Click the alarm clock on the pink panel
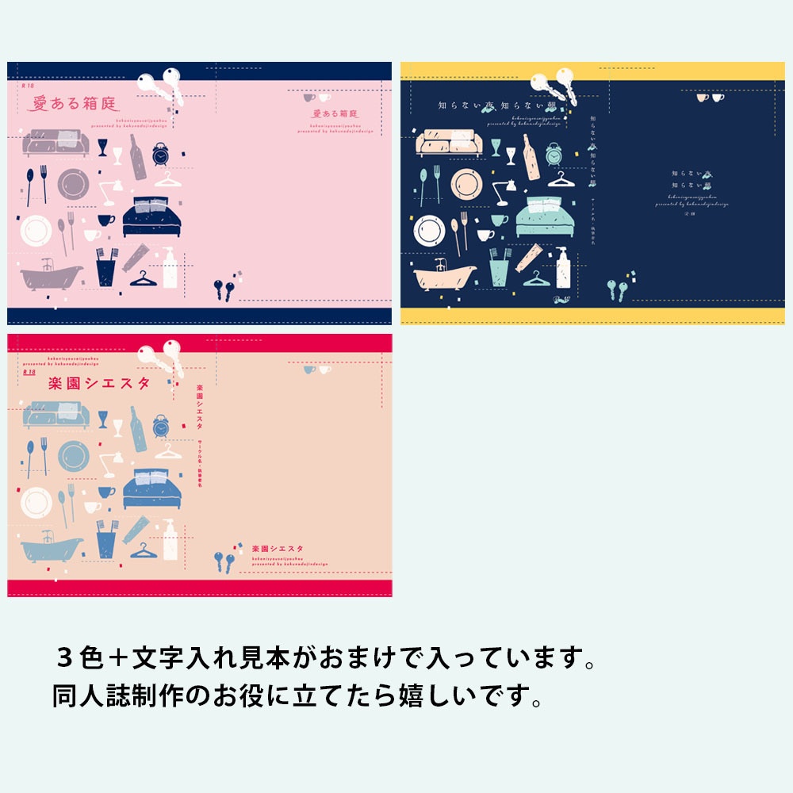(x=160, y=155)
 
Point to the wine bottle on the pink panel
(x=138, y=158)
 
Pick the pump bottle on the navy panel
(x=562, y=268)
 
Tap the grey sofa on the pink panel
(x=52, y=142)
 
